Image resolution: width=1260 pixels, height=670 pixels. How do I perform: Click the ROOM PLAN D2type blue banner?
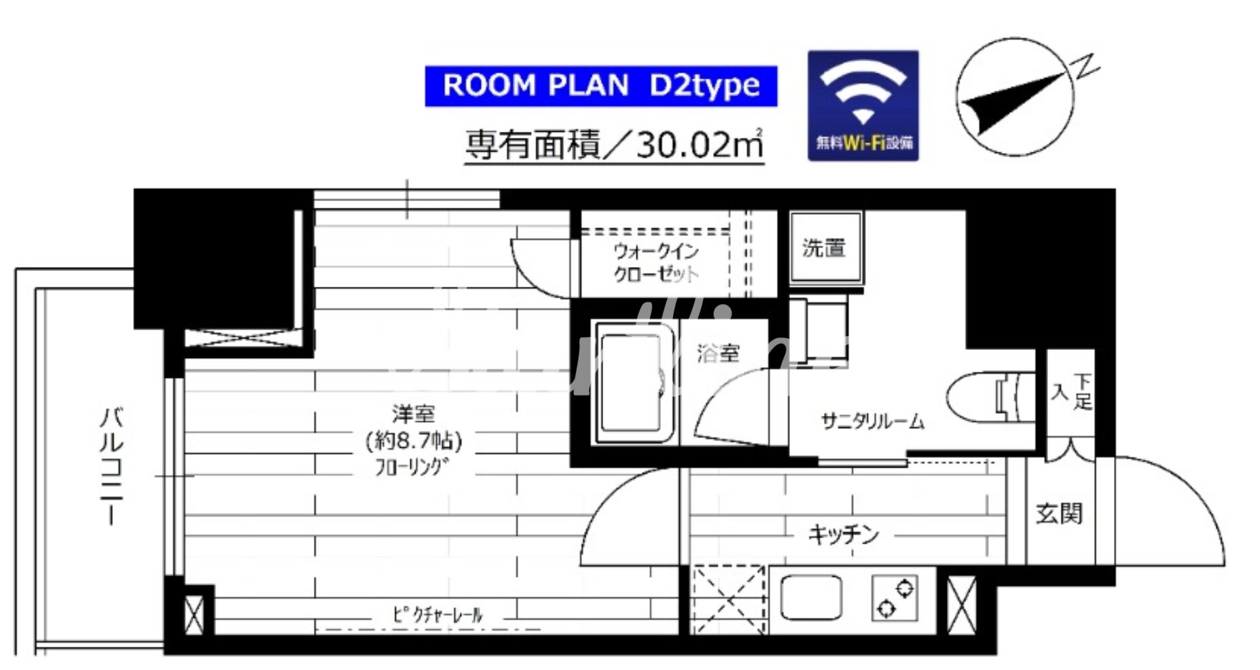click(x=600, y=86)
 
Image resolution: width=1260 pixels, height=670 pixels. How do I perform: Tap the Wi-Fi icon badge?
click(x=863, y=105)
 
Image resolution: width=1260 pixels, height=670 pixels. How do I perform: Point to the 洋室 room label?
click(x=413, y=412)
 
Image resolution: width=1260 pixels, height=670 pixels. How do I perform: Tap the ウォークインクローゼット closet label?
click(x=655, y=263)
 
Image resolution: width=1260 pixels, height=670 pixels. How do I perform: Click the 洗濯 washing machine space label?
click(x=824, y=248)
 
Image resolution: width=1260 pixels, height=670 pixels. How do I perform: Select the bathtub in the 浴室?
click(x=632, y=383)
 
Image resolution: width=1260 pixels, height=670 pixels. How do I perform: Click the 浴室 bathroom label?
click(x=718, y=353)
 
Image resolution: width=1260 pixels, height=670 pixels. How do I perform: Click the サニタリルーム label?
click(x=872, y=422)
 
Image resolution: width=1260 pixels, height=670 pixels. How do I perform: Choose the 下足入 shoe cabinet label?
click(x=1071, y=392)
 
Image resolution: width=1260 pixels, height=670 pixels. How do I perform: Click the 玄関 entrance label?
click(x=1059, y=514)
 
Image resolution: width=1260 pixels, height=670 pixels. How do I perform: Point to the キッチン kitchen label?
click(x=843, y=535)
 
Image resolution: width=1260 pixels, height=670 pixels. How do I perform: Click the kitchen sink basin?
click(x=811, y=598)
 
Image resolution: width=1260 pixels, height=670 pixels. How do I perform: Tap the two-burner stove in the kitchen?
click(x=895, y=598)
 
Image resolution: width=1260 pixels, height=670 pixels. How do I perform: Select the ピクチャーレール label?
click(x=437, y=616)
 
